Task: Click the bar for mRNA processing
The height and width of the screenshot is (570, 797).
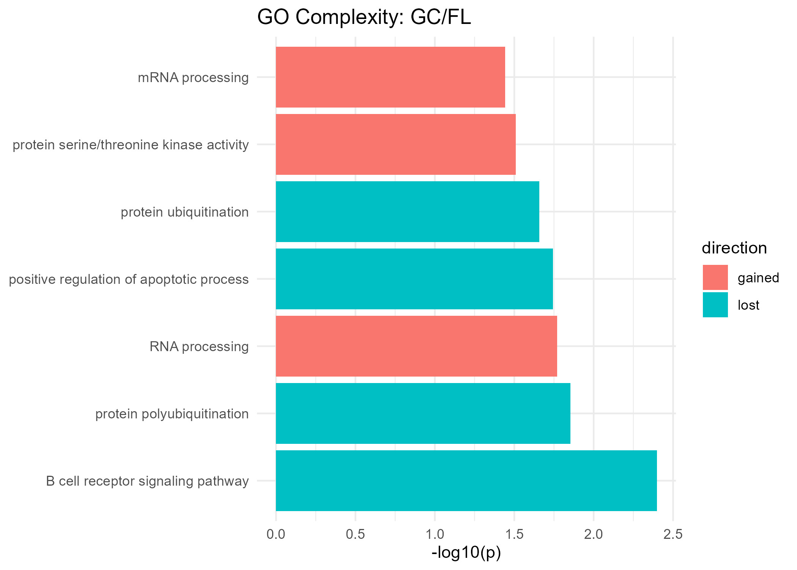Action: [390, 77]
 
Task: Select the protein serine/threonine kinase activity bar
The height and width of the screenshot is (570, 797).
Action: [395, 144]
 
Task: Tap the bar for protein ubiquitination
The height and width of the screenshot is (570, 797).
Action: [407, 212]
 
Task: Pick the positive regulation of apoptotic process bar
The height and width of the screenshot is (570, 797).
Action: [414, 279]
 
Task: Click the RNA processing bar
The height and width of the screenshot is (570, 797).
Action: [416, 346]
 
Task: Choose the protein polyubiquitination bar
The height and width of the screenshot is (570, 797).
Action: [423, 413]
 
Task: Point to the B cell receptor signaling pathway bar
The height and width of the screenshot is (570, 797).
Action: [466, 481]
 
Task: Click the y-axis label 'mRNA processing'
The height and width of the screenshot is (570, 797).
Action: [193, 78]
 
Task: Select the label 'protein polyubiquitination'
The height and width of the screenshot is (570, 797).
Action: [172, 414]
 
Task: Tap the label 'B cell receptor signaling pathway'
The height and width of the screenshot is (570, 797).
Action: [147, 481]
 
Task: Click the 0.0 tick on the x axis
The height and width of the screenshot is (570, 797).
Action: [276, 534]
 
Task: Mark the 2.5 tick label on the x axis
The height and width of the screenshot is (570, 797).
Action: [673, 534]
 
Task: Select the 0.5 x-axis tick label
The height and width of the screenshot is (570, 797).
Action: [355, 534]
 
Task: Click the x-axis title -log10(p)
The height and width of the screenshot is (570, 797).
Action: [466, 553]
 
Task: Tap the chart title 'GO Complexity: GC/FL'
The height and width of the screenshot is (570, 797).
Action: [364, 17]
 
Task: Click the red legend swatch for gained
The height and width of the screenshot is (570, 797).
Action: [715, 277]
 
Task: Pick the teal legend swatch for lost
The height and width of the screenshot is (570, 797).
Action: [715, 305]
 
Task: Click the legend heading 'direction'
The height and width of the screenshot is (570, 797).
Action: [734, 248]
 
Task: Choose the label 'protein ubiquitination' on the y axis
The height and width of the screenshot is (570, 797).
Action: [185, 212]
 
